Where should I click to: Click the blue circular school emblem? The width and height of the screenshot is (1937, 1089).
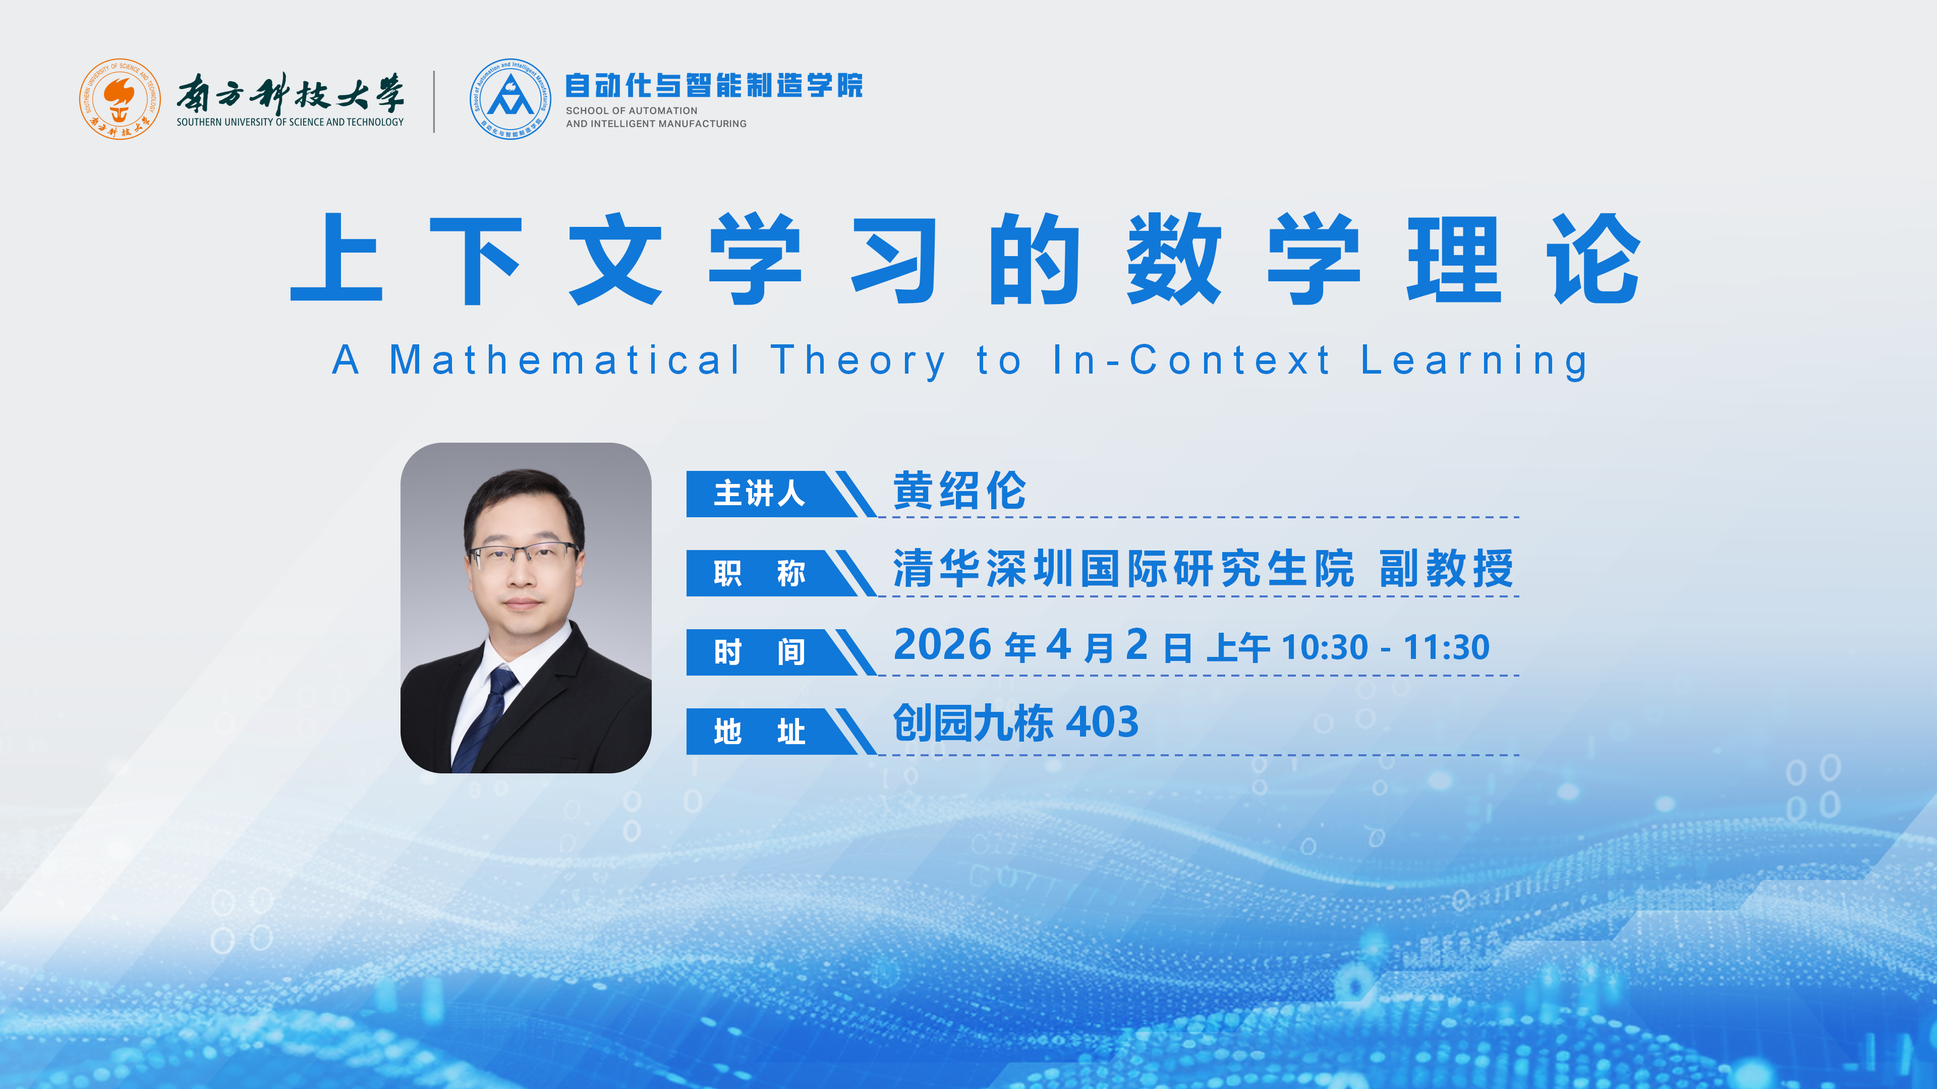(x=510, y=99)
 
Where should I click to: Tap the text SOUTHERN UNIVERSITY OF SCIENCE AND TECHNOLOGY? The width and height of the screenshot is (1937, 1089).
(x=290, y=122)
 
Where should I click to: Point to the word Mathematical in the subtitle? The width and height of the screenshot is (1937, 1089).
(x=565, y=360)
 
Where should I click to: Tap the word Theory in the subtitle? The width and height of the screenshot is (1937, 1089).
(x=858, y=361)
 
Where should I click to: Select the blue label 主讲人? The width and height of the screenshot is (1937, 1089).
(x=760, y=494)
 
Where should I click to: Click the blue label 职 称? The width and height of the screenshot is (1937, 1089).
(x=760, y=573)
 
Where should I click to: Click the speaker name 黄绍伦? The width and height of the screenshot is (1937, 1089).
(x=959, y=491)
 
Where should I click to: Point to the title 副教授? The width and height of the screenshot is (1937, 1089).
(x=1446, y=568)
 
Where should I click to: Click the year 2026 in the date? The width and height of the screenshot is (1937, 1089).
(x=942, y=645)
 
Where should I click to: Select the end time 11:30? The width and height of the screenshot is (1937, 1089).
(x=1446, y=647)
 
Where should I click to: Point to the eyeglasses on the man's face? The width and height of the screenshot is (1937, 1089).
(x=524, y=556)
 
